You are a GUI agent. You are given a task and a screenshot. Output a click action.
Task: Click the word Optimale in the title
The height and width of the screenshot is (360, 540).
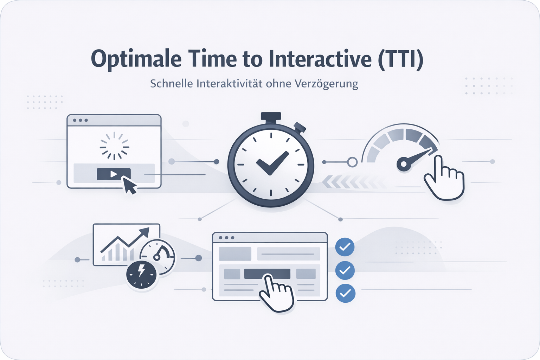(136, 59)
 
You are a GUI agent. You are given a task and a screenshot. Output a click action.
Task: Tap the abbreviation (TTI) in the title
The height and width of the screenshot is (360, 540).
(400, 59)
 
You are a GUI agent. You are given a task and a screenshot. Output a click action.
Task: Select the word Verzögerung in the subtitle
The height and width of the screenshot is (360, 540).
(326, 84)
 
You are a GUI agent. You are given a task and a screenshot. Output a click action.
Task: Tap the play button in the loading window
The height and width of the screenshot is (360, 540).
(114, 174)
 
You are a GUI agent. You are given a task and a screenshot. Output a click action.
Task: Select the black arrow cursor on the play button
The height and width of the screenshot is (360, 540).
(129, 185)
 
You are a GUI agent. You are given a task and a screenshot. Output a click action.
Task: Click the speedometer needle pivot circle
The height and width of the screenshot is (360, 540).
(404, 164)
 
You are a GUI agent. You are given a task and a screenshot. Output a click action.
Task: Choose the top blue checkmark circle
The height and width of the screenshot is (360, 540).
(345, 247)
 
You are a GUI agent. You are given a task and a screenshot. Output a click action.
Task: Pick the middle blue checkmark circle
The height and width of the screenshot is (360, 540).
(345, 270)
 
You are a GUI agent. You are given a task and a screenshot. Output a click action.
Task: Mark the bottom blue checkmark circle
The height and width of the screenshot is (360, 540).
(345, 293)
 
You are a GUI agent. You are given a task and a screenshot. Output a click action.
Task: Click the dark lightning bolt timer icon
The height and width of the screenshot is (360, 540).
(141, 275)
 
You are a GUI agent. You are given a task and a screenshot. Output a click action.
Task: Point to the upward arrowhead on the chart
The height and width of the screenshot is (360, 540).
(144, 232)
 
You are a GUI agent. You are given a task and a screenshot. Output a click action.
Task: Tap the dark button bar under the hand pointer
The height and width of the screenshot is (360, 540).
(267, 274)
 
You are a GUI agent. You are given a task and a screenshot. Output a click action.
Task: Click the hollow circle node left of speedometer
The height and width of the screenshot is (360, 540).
(352, 162)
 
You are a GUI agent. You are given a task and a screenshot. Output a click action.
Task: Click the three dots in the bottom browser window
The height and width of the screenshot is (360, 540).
(226, 238)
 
